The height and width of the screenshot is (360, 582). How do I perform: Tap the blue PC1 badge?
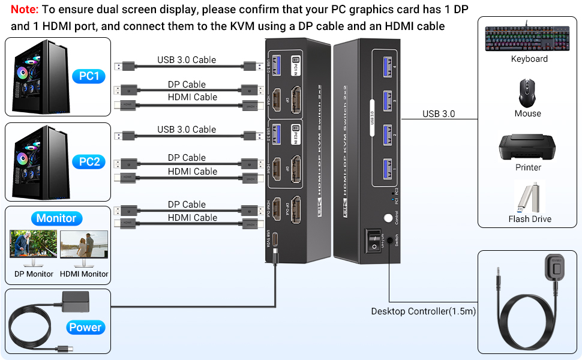(89, 76)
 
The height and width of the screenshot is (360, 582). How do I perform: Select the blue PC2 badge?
(89, 161)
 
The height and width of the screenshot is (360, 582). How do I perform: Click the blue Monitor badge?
(56, 218)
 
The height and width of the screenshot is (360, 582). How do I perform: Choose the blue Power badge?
(85, 327)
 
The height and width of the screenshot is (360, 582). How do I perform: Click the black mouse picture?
(527, 93)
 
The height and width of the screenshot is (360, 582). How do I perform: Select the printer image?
(528, 146)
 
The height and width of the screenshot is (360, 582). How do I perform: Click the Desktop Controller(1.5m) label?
(423, 311)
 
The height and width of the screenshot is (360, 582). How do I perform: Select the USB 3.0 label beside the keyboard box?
(438, 114)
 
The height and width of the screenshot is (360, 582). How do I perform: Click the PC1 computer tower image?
(36, 76)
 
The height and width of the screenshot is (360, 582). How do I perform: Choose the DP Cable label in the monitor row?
(187, 205)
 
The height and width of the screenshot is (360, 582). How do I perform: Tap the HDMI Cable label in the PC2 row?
(193, 172)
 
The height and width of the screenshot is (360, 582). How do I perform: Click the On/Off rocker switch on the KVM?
(374, 239)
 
